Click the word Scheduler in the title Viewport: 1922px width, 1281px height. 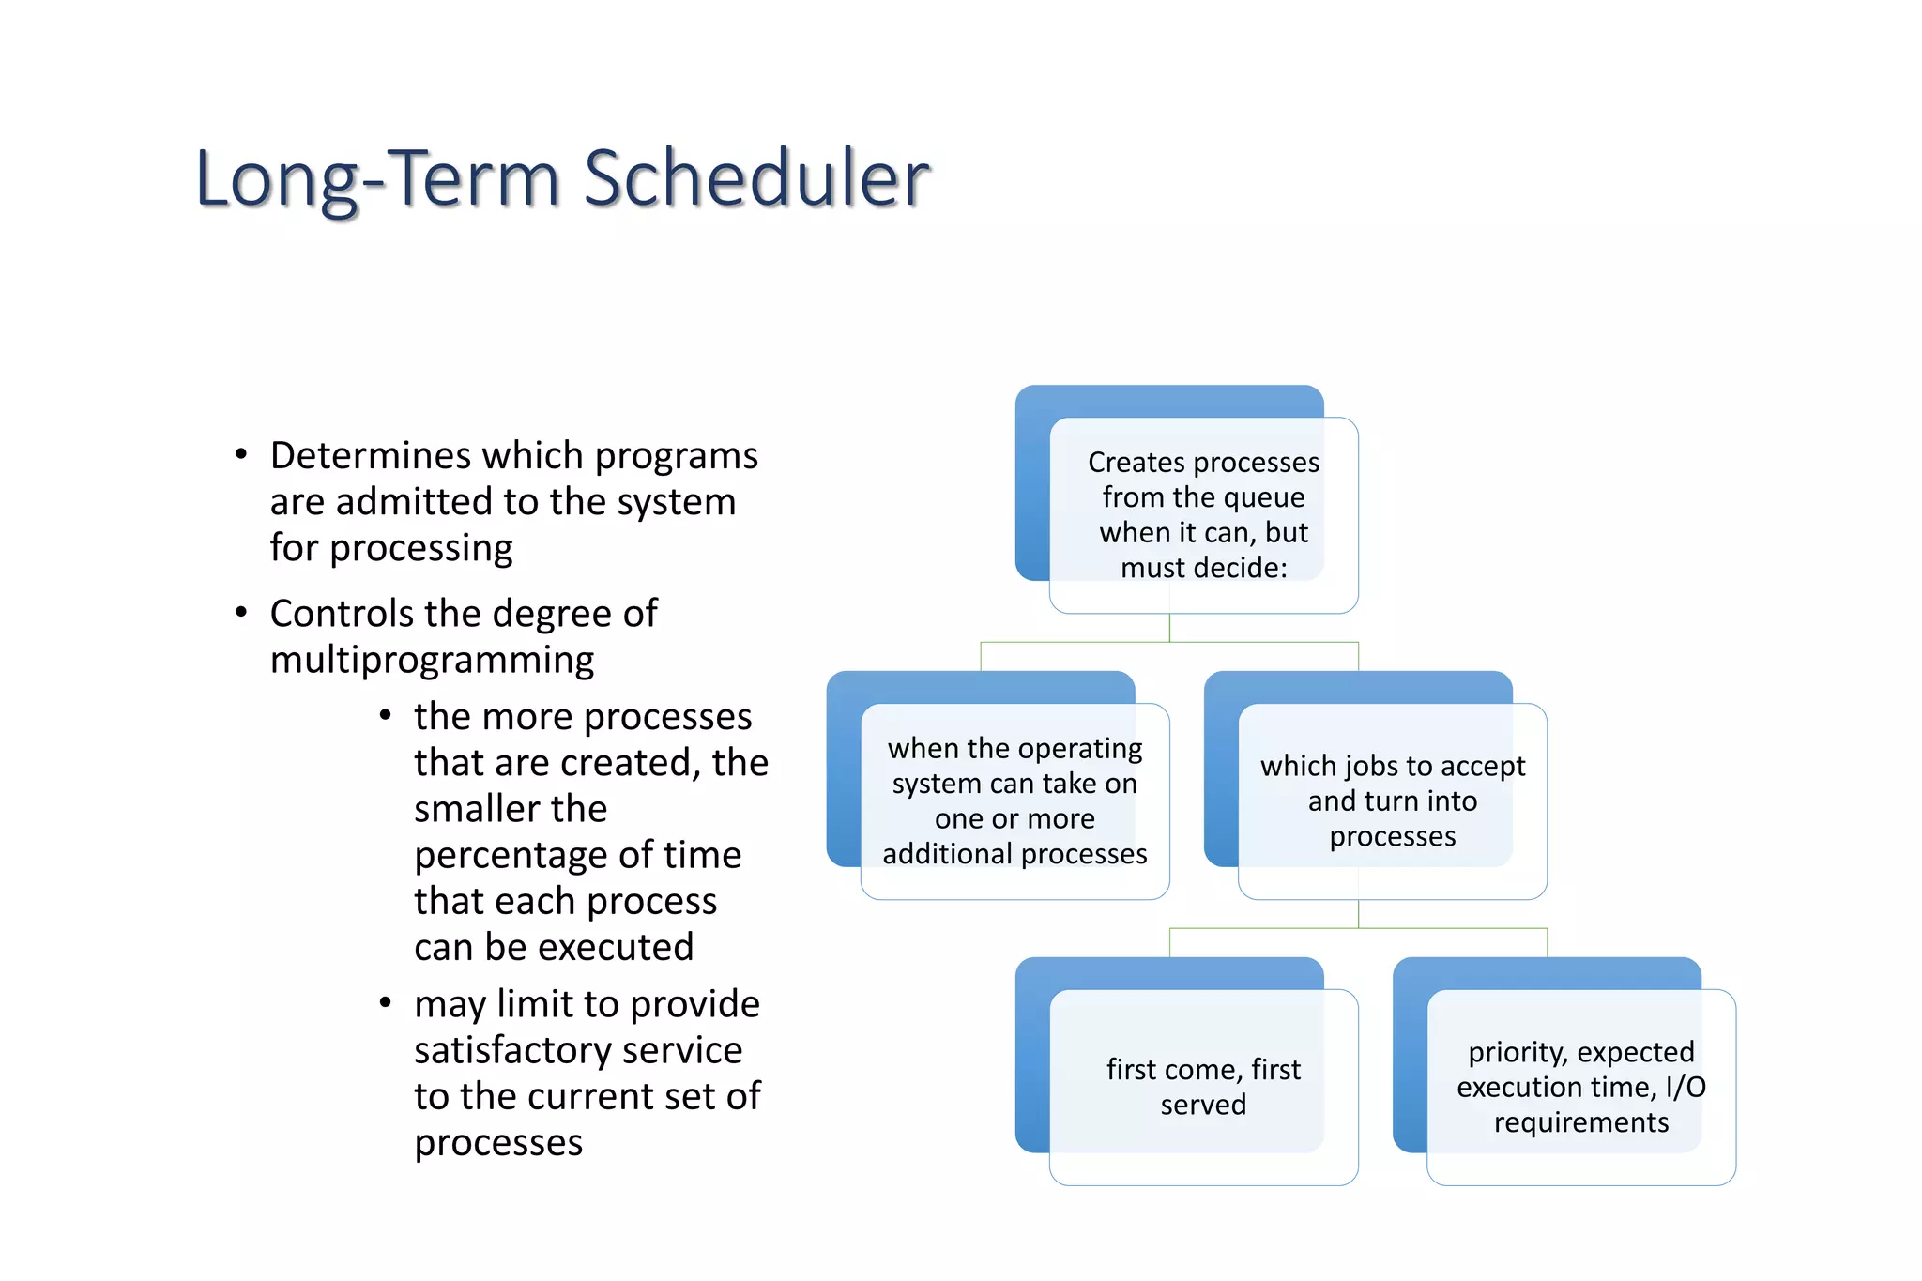tap(756, 178)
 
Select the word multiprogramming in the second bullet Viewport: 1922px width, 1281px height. tap(432, 661)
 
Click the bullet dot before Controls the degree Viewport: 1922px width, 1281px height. tap(241, 613)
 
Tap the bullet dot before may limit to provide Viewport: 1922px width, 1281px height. tap(385, 1003)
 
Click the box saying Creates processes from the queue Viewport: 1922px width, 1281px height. tap(1203, 514)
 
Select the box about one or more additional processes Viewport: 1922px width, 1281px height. tap(1014, 801)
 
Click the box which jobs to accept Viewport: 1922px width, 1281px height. tap(1392, 801)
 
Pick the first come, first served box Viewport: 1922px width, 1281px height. tap(1203, 1086)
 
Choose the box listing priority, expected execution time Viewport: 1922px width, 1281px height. tap(1580, 1086)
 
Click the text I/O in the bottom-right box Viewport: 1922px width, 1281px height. tap(1685, 1088)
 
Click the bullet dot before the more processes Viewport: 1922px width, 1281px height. tap(385, 716)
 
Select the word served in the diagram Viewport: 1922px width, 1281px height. tap(1203, 1105)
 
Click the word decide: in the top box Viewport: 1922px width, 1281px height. tap(1243, 568)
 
